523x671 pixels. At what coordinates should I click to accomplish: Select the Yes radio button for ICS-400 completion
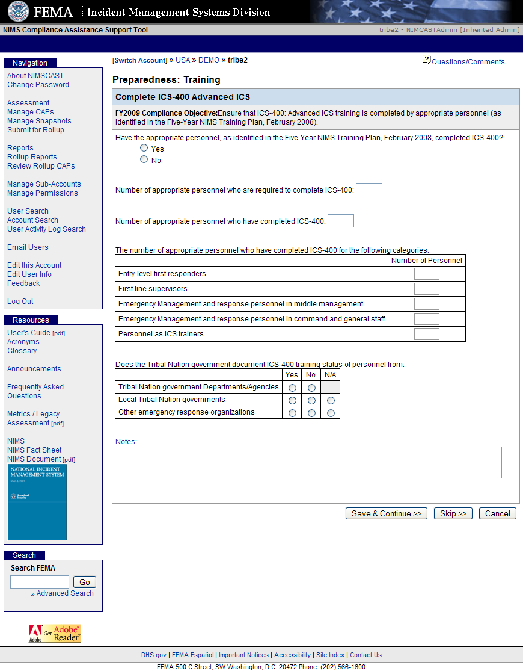pos(144,148)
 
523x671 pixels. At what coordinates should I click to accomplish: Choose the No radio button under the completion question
pos(144,159)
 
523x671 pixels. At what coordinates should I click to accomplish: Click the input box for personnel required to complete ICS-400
pos(369,190)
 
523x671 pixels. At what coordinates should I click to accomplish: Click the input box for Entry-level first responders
pos(427,274)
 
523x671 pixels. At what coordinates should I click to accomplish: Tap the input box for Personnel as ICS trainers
pos(427,334)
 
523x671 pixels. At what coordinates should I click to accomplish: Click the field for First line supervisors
pos(427,289)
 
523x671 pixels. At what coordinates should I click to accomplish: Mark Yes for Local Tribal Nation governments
pos(292,400)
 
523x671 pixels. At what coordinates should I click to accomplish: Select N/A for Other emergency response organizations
pos(331,413)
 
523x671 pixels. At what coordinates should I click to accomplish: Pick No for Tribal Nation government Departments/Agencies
pos(311,388)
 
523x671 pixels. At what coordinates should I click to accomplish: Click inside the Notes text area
pos(320,462)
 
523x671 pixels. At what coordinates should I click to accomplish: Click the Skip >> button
pos(453,513)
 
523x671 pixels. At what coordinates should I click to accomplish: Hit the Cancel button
pos(498,513)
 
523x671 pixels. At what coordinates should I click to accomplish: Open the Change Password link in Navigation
pos(38,85)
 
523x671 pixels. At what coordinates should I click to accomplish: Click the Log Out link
pos(20,301)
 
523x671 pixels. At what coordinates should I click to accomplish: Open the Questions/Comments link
pos(468,61)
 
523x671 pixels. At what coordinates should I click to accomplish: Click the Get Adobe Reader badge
pos(55,634)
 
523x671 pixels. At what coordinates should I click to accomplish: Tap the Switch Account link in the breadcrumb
pos(139,60)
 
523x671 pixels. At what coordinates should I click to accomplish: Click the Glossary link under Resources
pos(22,351)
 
